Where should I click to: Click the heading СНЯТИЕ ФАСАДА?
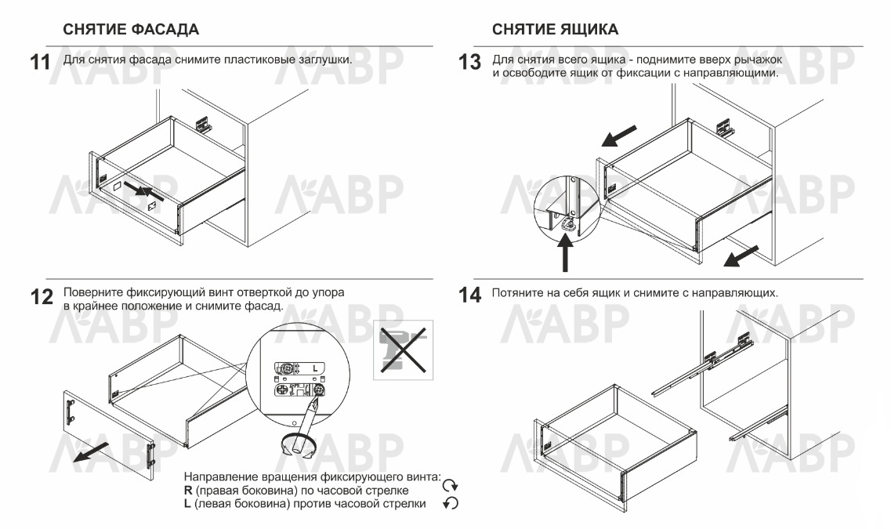pos(131,30)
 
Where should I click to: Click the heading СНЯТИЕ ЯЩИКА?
pos(555,30)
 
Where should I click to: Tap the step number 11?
pos(40,62)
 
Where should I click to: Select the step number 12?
pos(42,296)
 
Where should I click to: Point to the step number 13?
pos(470,62)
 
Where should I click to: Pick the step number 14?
pos(470,295)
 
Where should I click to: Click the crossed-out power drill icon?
pos(403,350)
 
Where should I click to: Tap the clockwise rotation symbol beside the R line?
pos(450,485)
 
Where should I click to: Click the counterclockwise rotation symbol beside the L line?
pos(450,503)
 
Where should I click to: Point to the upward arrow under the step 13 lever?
pos(565,253)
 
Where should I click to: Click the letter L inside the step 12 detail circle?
pos(315,369)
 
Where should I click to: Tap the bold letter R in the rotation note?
pos(188,491)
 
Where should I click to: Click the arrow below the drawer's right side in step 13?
pos(741,255)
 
